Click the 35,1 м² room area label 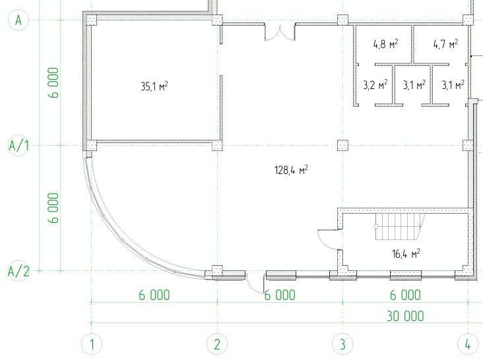click(x=154, y=86)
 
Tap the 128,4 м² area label click(x=291, y=170)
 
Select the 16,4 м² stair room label click(x=406, y=254)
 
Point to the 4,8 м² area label click(x=385, y=44)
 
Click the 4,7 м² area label click(x=445, y=44)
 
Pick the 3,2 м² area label click(x=375, y=84)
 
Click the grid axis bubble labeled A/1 click(x=18, y=145)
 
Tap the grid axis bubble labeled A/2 click(x=18, y=271)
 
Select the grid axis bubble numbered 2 click(x=217, y=345)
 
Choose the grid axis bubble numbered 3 click(x=342, y=345)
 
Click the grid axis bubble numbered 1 click(x=92, y=345)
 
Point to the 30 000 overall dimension click(x=405, y=316)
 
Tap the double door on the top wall click(x=280, y=32)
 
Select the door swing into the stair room click(x=329, y=239)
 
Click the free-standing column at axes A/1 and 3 click(x=342, y=145)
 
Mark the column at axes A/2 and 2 click(x=217, y=271)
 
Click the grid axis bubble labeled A click(x=18, y=20)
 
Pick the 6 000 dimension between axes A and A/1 click(x=53, y=82)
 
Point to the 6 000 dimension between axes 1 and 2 click(x=154, y=295)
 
